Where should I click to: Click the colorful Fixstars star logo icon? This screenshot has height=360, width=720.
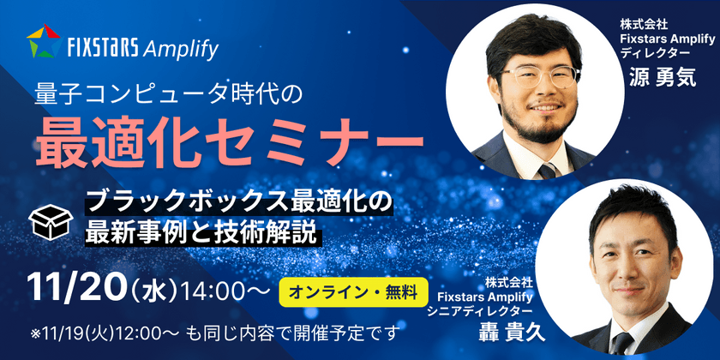(x=42, y=41)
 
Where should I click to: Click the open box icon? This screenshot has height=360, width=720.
(x=49, y=221)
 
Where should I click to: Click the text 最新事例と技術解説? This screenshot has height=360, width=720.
(x=201, y=232)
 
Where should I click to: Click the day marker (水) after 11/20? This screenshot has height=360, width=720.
(x=154, y=291)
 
